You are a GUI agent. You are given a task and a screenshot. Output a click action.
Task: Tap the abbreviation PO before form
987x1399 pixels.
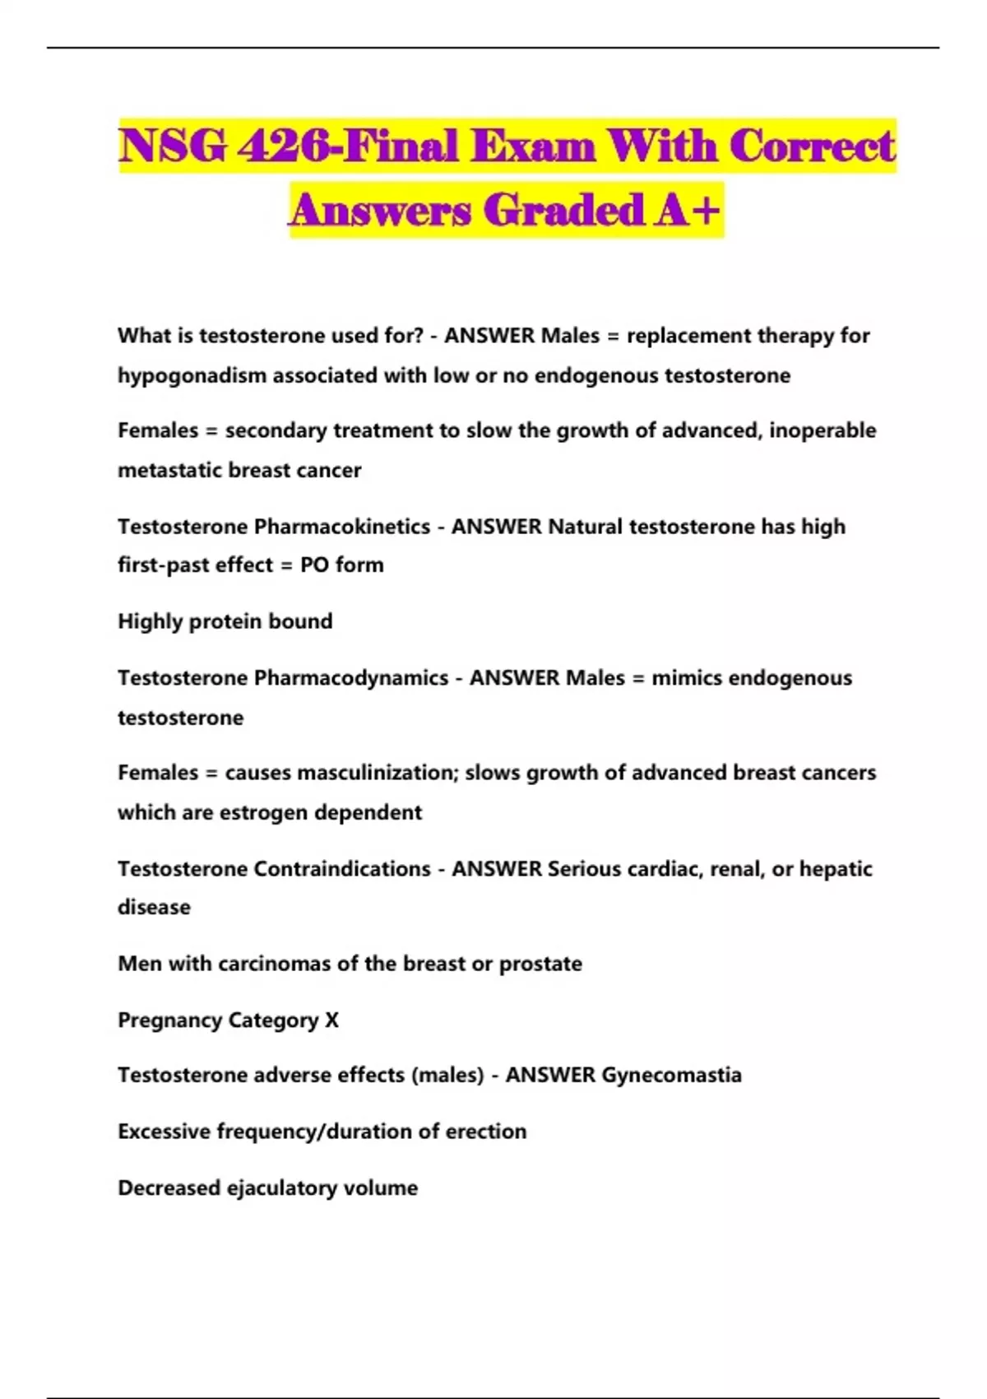coord(314,565)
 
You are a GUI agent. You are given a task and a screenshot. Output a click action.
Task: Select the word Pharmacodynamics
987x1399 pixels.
coord(351,678)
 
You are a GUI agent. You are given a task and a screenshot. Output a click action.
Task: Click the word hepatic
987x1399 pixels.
coord(836,869)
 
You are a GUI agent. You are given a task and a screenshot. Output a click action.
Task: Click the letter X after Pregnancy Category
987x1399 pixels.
coord(331,1020)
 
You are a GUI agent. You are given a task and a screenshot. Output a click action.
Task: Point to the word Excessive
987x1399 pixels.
coord(164,1132)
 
